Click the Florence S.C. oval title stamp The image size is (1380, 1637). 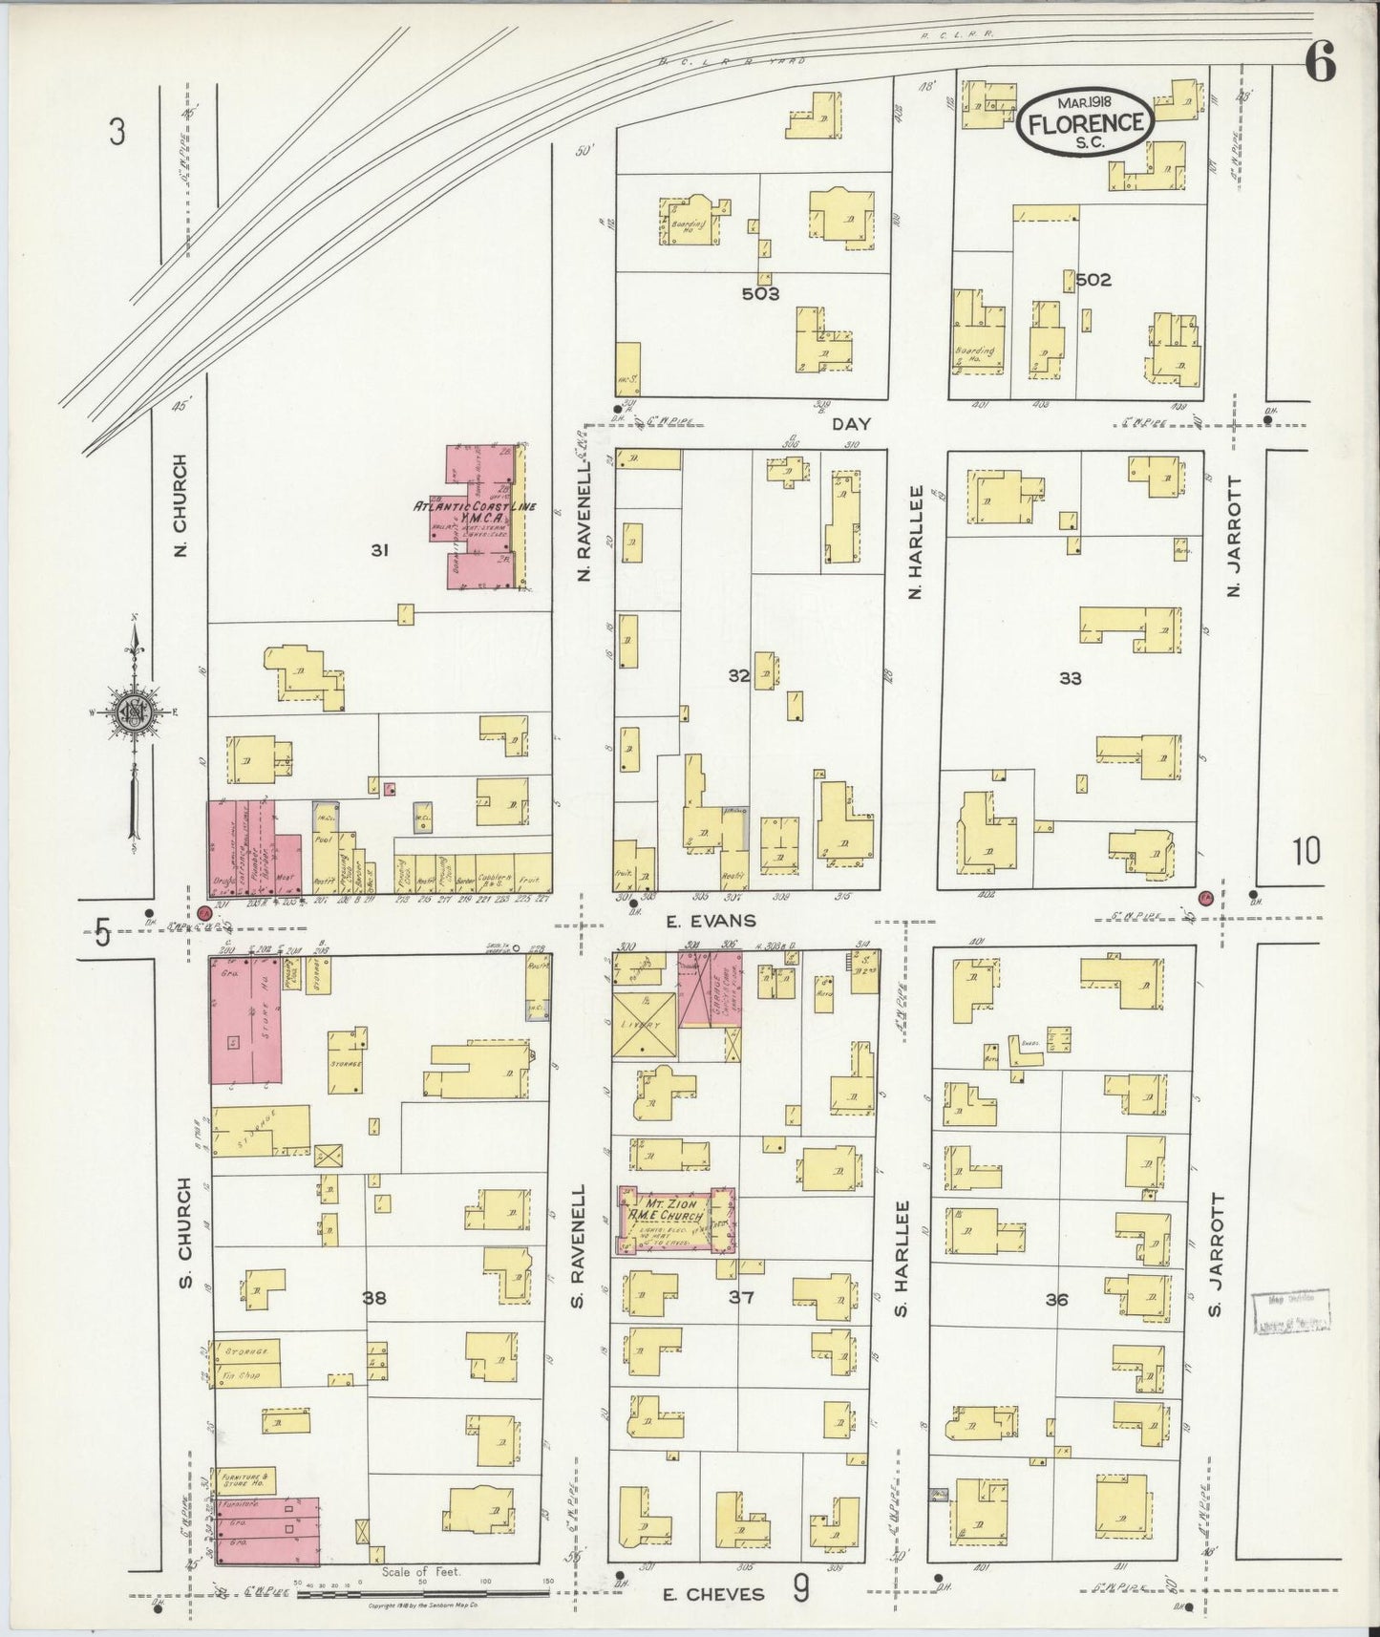click(x=1086, y=121)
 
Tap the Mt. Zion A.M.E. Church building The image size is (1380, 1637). click(x=676, y=1220)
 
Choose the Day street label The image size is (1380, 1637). click(x=851, y=422)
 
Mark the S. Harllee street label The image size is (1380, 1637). click(x=901, y=1258)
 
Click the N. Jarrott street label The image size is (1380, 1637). click(x=1234, y=536)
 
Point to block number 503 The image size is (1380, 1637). click(x=761, y=293)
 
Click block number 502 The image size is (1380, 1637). click(x=1093, y=280)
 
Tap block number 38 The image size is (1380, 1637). click(x=374, y=1298)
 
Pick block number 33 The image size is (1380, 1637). click(x=1070, y=678)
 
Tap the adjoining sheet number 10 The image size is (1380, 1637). click(x=1306, y=850)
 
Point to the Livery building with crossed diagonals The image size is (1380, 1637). click(x=645, y=1026)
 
